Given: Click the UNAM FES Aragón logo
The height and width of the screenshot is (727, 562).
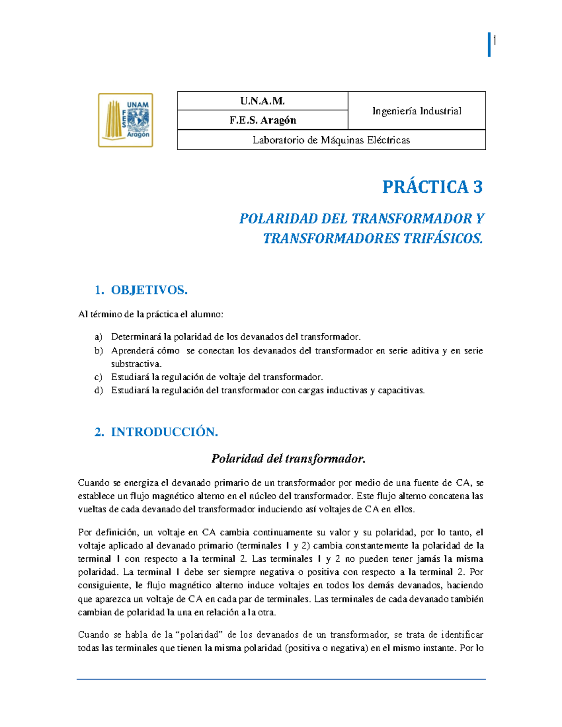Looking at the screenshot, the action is (x=126, y=120).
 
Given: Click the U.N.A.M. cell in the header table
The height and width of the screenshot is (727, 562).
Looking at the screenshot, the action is (x=262, y=101).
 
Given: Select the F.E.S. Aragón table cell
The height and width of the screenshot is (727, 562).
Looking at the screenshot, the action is (x=262, y=120).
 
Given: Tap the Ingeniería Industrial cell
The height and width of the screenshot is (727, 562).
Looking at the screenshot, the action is (x=416, y=111).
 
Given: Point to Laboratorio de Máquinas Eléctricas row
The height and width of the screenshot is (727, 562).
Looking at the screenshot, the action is (x=331, y=140).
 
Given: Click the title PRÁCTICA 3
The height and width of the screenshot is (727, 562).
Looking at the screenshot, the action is (x=432, y=187).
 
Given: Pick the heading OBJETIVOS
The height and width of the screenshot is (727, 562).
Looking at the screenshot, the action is (x=149, y=290).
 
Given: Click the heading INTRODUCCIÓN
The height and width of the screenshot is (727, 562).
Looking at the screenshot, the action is (x=164, y=432).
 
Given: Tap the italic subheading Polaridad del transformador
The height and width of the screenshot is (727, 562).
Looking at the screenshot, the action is (x=288, y=459).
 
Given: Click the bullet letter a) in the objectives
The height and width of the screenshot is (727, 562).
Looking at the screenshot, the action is (x=98, y=337).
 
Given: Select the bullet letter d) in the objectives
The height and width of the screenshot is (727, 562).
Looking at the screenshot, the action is (x=98, y=390).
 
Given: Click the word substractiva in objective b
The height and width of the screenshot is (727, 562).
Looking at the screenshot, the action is (x=136, y=364).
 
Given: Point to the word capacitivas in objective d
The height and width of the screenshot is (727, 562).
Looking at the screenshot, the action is (x=401, y=390).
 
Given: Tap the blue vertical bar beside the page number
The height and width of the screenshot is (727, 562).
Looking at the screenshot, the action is (x=489, y=45).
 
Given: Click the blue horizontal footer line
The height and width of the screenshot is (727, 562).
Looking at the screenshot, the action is (x=281, y=679).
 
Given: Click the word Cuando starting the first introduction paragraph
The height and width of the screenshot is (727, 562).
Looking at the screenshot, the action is (x=93, y=483).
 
